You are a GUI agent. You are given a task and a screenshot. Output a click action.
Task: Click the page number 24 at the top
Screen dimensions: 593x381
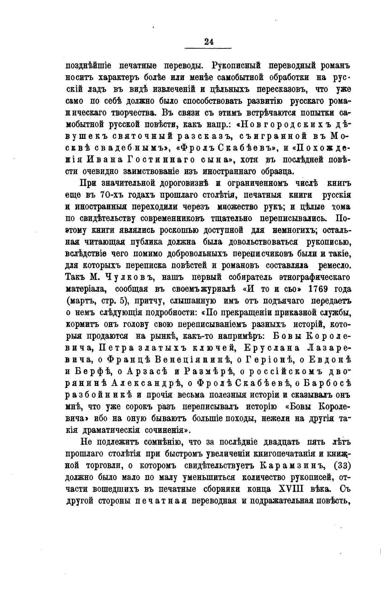(x=209, y=41)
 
